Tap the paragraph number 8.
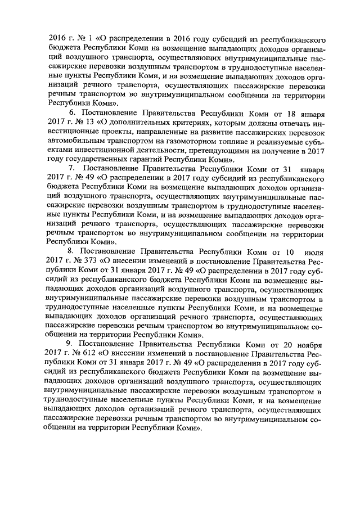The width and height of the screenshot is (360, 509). [70, 250]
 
